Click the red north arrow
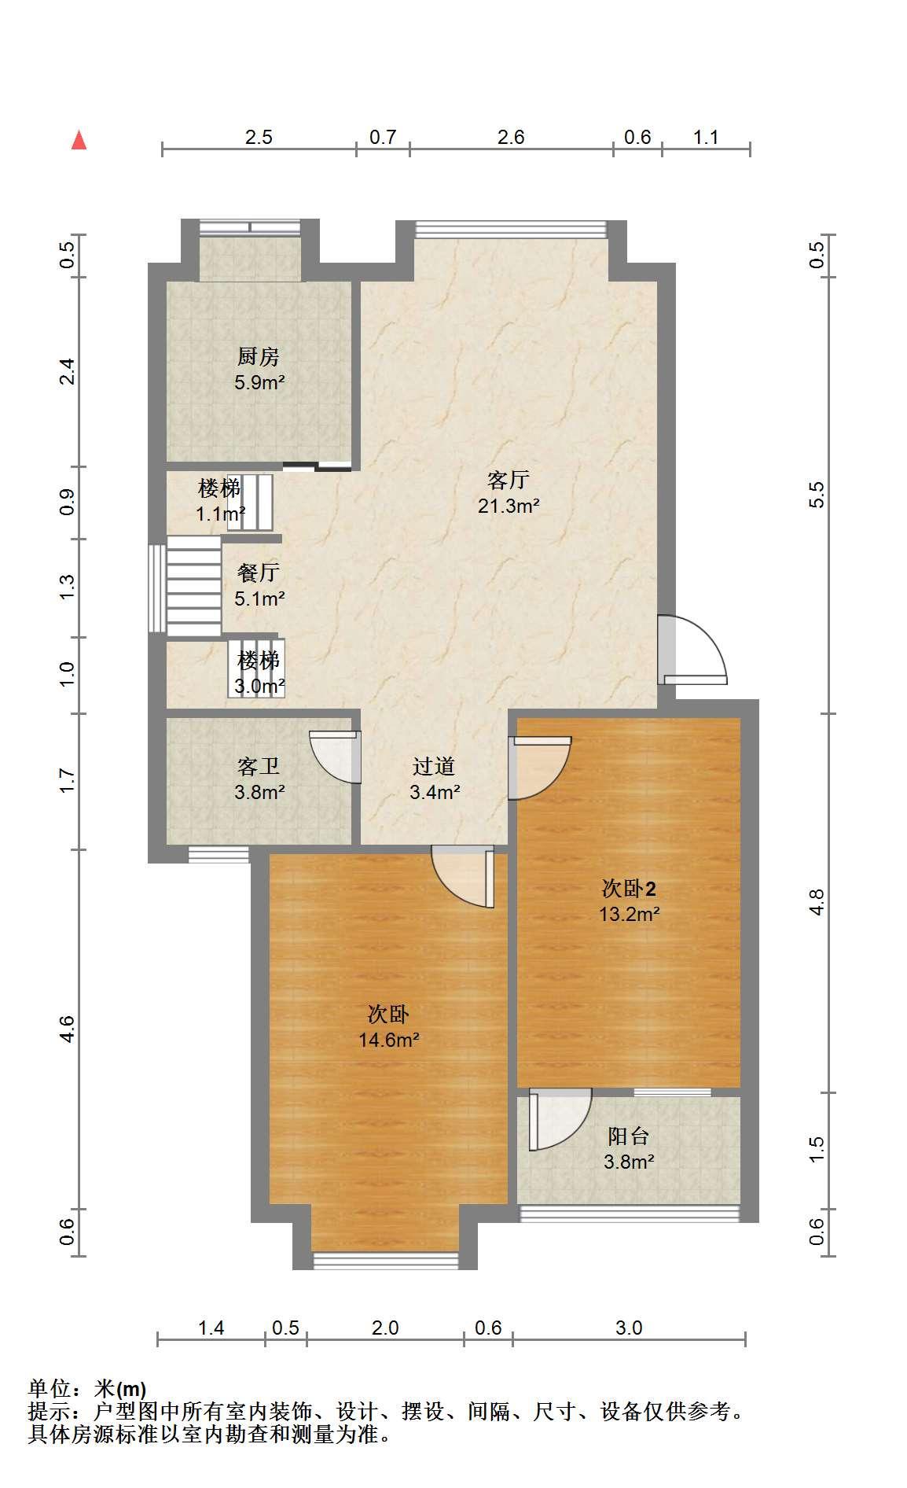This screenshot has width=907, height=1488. (79, 140)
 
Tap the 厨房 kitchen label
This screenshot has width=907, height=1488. (259, 357)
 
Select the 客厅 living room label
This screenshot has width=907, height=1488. (509, 480)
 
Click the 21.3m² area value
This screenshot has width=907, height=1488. (509, 506)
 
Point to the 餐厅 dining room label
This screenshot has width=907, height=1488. (259, 573)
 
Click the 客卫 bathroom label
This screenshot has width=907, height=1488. (259, 766)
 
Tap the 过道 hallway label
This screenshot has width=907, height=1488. (434, 766)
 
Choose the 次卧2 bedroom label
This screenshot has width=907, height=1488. (629, 889)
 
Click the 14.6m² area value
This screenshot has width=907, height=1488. (388, 1040)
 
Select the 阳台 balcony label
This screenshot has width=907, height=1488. (629, 1136)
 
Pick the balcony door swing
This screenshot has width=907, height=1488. (560, 1119)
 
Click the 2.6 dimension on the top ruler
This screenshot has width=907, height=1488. (511, 137)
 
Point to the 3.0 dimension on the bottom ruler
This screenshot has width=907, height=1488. (629, 1328)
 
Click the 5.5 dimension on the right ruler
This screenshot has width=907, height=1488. (817, 494)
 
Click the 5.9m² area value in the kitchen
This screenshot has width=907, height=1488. (259, 383)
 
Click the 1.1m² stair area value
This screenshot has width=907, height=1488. (221, 515)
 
